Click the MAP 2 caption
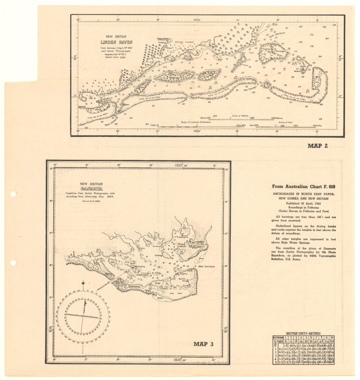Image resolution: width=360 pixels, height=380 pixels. [320, 146]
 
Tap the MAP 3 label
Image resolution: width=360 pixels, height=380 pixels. [203, 344]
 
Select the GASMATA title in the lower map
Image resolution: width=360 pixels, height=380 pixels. [92, 189]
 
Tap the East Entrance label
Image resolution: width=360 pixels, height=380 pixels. [277, 34]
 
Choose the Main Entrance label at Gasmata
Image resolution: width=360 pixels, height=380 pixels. [206, 266]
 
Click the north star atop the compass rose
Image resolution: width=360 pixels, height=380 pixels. [84, 283]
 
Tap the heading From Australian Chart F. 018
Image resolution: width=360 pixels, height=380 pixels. [303, 187]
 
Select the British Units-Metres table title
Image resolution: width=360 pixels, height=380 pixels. [303, 333]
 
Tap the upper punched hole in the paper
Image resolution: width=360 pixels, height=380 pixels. [13, 194]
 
